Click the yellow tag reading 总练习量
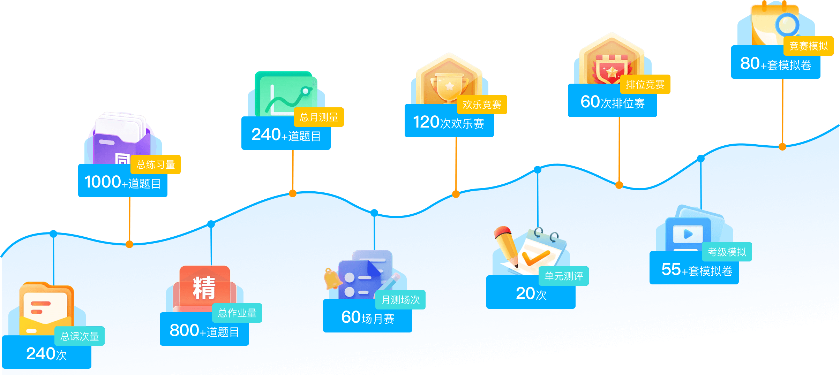[x=156, y=164]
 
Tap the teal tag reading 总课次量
[x=80, y=336]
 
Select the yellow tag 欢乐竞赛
[x=482, y=105]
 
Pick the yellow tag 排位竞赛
[x=645, y=84]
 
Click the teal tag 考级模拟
[x=727, y=252]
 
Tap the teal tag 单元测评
[x=563, y=276]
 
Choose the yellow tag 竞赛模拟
[x=808, y=46]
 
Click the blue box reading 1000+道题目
[x=122, y=183]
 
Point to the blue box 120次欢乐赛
[x=449, y=123]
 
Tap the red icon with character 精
[x=204, y=288]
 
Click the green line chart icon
[x=286, y=94]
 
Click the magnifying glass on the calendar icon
[x=787, y=25]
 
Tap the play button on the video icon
[x=688, y=234]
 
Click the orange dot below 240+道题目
[x=293, y=193]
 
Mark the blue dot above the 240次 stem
[x=53, y=234]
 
